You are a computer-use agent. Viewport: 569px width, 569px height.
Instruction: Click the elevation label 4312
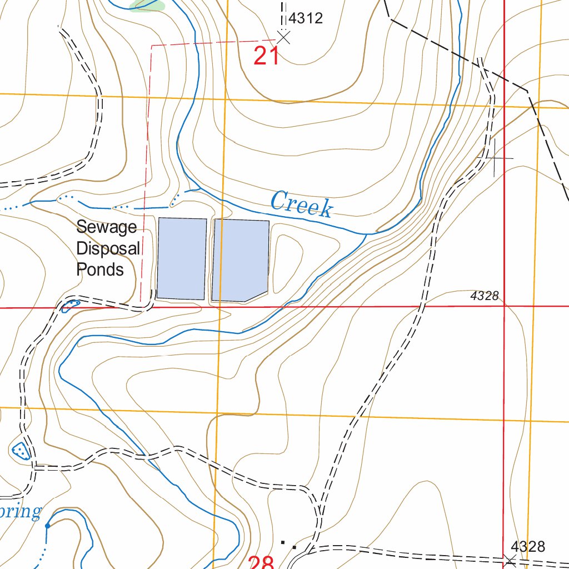coord(306,18)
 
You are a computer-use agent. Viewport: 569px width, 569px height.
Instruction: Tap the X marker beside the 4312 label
coord(283,38)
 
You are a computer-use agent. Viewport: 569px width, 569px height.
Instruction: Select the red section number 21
coord(267,56)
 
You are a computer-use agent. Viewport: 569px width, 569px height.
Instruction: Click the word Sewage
coord(106,227)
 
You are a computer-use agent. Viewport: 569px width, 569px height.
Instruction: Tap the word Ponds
coord(100,269)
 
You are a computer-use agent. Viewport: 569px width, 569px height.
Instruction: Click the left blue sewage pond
coord(182,258)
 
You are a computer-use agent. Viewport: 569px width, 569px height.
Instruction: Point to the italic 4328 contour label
coord(484,296)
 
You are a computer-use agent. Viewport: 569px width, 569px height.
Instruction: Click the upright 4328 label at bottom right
coord(528,547)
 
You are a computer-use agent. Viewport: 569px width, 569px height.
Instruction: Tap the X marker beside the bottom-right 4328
coord(510,560)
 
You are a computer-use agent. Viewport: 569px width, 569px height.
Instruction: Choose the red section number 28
coord(262,562)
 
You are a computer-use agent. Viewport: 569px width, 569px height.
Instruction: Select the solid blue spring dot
coord(47,525)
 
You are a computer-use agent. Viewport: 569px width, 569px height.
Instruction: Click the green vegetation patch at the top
coord(148,5)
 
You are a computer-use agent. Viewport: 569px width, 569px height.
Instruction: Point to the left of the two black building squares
coord(283,541)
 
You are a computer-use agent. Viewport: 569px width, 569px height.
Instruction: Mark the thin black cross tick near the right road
coord(494,158)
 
